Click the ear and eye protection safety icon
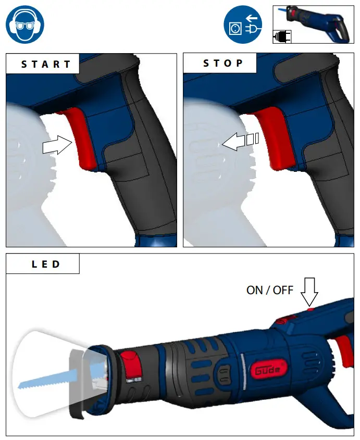coord(24,24)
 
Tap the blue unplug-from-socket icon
coord(243,24)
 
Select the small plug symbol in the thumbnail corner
coord(282,36)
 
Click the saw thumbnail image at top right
coord(313,24)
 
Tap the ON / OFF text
coord(270,290)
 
